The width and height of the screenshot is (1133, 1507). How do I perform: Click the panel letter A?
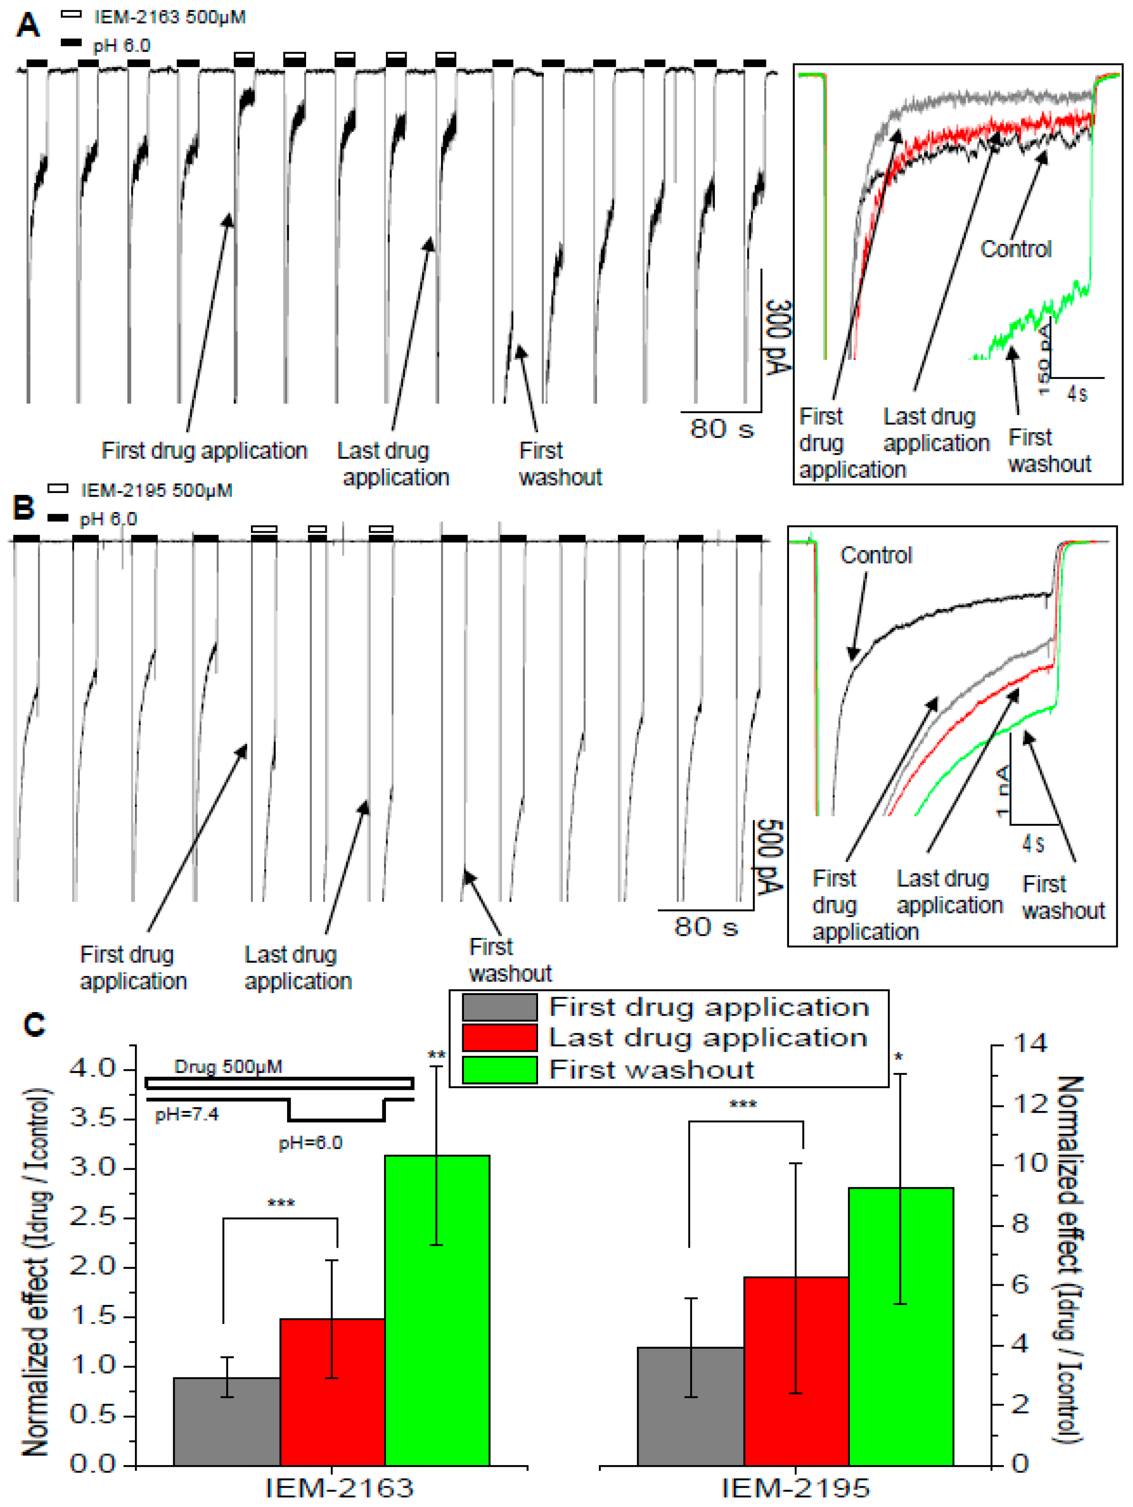28,26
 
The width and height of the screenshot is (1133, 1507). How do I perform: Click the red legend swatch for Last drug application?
499,1038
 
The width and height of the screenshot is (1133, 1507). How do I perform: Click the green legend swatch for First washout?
499,1069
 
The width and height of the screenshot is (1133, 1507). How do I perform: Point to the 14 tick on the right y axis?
1030,1044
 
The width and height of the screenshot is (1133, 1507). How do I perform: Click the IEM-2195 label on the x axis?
796,1489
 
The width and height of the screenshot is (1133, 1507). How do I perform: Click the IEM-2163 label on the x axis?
339,1489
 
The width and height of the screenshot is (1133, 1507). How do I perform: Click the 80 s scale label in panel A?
722,429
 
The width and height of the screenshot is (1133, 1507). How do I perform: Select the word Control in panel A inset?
1015,249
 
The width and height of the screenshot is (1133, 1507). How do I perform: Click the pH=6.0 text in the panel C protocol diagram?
310,1143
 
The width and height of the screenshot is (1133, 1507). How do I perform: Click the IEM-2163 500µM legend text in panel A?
170,17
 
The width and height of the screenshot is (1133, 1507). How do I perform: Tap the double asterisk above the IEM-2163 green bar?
437,1056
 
